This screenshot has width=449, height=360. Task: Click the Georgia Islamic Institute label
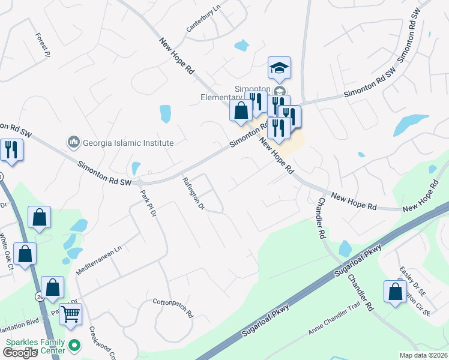(128, 143)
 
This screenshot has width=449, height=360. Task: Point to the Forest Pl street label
(43, 44)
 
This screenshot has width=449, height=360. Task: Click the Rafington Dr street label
(194, 194)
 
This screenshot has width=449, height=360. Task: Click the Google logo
(19, 353)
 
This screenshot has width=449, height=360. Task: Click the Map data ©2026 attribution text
(423, 355)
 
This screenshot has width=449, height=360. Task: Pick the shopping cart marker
(71, 313)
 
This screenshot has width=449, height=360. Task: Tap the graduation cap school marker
(279, 68)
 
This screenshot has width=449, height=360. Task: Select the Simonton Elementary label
(222, 97)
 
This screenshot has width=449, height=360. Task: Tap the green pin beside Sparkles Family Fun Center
(74, 346)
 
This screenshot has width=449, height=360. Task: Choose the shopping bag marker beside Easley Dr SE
(395, 293)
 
